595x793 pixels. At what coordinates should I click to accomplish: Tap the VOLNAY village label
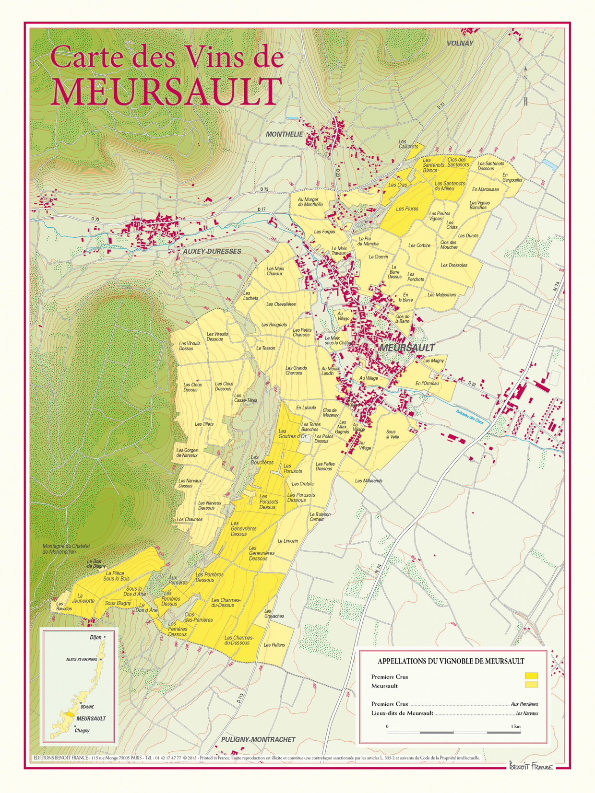pyautogui.click(x=460, y=43)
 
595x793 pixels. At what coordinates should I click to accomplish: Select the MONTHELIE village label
pyautogui.click(x=285, y=134)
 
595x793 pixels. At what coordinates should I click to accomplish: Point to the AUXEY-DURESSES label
pyautogui.click(x=212, y=251)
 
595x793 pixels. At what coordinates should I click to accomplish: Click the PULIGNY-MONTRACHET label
pyautogui.click(x=258, y=739)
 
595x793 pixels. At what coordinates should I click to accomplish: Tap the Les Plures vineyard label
pyautogui.click(x=407, y=209)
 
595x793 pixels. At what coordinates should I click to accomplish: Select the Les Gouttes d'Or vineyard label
pyautogui.click(x=292, y=434)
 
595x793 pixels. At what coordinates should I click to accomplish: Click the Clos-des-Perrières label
pyautogui.click(x=198, y=617)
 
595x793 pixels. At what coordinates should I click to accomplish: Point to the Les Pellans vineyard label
pyautogui.click(x=274, y=645)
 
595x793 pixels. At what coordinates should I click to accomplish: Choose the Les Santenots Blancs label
pyautogui.click(x=433, y=165)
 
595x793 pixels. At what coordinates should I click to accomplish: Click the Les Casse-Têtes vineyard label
pyautogui.click(x=245, y=398)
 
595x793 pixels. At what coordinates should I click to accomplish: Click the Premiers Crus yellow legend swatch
pyautogui.click(x=531, y=676)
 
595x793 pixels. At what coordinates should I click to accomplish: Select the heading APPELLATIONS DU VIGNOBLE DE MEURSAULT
pyautogui.click(x=451, y=661)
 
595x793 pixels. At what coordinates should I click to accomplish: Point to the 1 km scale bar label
pyautogui.click(x=515, y=726)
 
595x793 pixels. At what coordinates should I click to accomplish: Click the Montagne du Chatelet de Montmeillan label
pyautogui.click(x=66, y=549)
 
